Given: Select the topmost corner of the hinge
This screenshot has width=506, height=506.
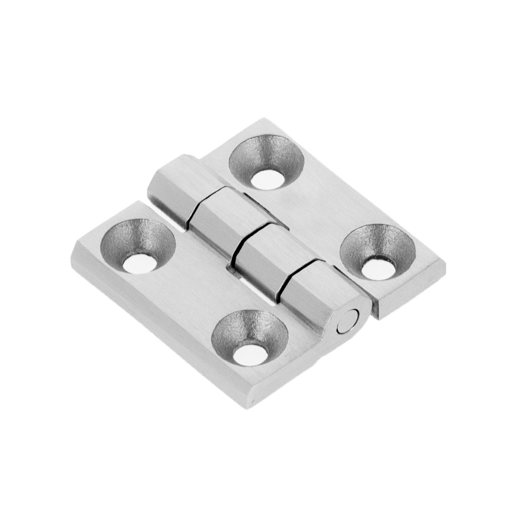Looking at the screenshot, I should point(264,119).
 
